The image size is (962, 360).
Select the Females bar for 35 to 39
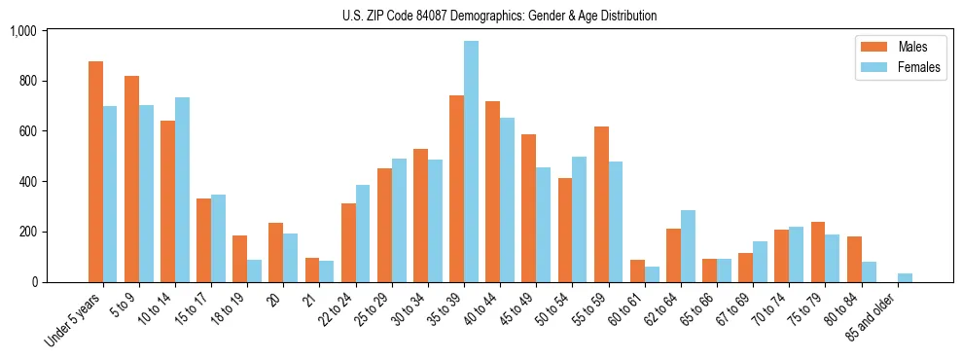click(471, 162)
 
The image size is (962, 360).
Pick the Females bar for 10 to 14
click(183, 190)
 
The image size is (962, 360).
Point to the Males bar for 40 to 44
click(493, 192)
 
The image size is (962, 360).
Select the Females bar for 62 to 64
click(688, 246)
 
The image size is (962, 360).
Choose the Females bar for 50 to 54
click(580, 219)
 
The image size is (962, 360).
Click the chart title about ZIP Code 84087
click(499, 16)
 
